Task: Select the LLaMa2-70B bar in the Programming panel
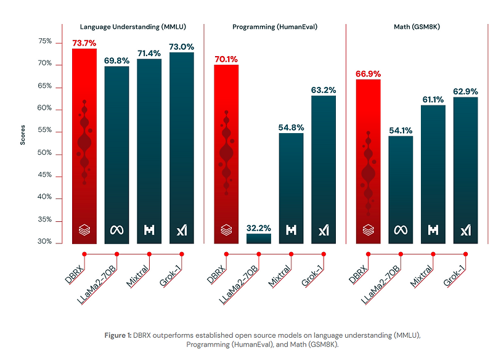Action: click(x=258, y=238)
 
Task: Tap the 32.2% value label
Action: click(x=258, y=227)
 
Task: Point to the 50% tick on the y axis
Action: click(x=45, y=153)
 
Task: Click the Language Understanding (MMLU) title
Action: click(x=132, y=27)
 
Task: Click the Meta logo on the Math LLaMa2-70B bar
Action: click(x=401, y=231)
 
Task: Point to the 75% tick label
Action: click(x=45, y=42)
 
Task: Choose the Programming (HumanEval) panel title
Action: click(x=274, y=27)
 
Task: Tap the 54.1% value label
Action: click(x=401, y=130)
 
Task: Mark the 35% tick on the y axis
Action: click(x=45, y=220)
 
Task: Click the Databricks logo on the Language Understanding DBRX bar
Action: click(x=84, y=231)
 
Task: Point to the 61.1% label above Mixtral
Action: click(x=433, y=99)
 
